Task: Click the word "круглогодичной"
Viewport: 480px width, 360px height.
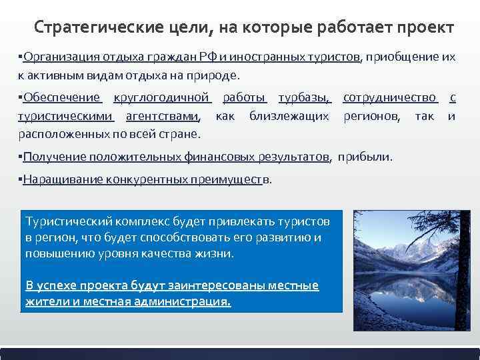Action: (x=162, y=99)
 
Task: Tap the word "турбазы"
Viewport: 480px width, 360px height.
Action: (x=304, y=99)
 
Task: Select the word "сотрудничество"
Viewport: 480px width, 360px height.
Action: (x=390, y=99)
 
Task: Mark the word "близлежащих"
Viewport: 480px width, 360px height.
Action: (x=289, y=116)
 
